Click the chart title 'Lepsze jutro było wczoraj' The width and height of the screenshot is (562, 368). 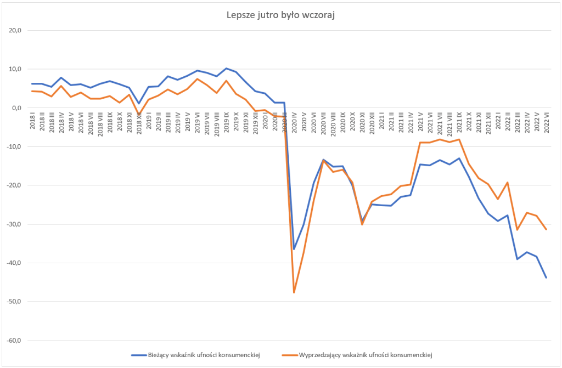point(280,15)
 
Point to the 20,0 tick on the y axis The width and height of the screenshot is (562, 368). point(13,31)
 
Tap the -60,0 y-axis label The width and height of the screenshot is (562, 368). point(12,341)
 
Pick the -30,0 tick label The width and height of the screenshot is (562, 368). point(12,224)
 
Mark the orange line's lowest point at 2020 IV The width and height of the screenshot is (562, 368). point(294,292)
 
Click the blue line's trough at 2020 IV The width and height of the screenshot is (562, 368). point(294,249)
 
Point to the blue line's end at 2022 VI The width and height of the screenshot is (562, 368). point(546,278)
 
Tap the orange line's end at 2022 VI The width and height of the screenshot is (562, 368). point(546,229)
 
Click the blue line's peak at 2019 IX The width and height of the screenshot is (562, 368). point(227,69)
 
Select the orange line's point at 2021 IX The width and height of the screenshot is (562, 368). point(459,139)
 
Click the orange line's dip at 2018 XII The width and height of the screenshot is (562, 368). point(139,114)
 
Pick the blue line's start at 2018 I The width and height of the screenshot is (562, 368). point(32,84)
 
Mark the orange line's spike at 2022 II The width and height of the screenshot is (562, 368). point(507,183)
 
